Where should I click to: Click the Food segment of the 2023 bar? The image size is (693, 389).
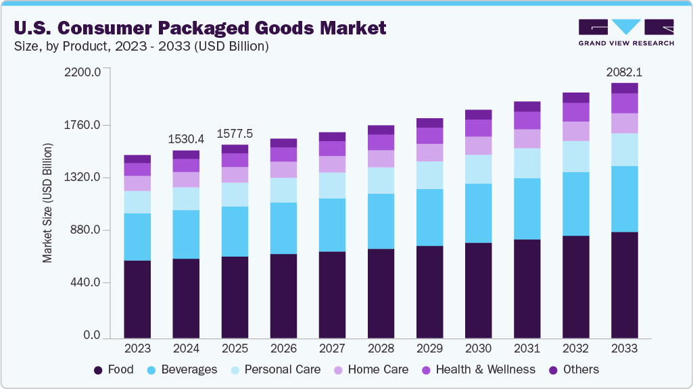(x=137, y=299)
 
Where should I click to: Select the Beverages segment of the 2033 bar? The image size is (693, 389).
(x=624, y=199)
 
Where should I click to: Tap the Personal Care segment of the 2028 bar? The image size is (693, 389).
(x=381, y=180)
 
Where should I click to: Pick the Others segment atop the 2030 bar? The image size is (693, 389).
(x=478, y=114)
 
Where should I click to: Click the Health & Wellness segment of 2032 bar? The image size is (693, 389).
(x=575, y=111)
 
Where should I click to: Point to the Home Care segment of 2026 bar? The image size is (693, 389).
(x=283, y=170)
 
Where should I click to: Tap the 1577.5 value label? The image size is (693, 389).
(x=235, y=133)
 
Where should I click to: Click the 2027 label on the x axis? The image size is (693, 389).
(x=332, y=349)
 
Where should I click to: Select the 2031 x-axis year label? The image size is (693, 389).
(x=527, y=349)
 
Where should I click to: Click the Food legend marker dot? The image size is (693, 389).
(x=98, y=370)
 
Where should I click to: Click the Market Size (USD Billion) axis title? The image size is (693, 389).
(x=47, y=203)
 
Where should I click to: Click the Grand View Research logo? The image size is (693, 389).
(x=625, y=32)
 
